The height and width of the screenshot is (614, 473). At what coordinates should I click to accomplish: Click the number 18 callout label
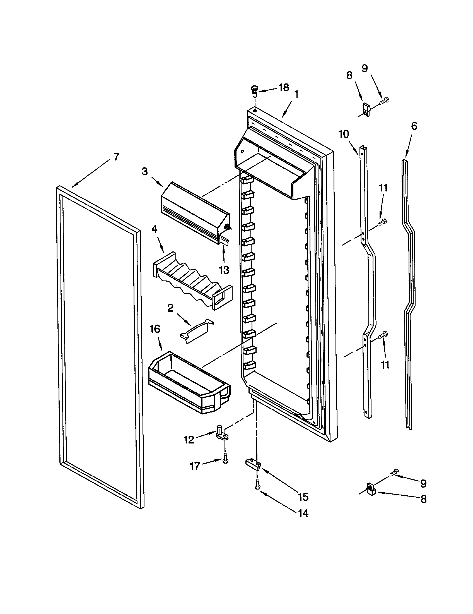click(x=284, y=88)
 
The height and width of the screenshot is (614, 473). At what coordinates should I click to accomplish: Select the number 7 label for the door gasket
click(x=116, y=157)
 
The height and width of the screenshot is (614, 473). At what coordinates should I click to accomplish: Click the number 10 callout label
click(x=344, y=135)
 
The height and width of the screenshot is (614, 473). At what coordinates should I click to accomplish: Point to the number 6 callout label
click(x=414, y=126)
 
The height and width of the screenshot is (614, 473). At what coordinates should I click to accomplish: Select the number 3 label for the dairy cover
click(x=145, y=172)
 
